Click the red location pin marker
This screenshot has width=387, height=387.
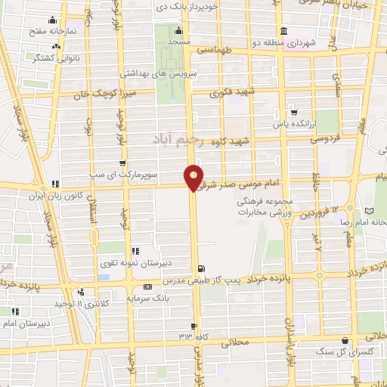[x=193, y=177]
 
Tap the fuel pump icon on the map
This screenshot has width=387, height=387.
[x=200, y=268]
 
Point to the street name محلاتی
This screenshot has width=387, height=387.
[x=235, y=343]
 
